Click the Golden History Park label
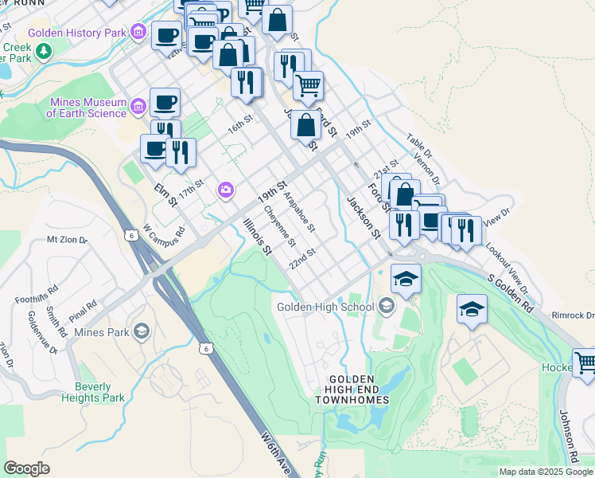(x=78, y=33)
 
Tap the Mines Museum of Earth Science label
(x=87, y=108)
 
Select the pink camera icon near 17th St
(x=226, y=190)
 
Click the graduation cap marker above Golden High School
(x=406, y=280)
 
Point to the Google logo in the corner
(x=26, y=468)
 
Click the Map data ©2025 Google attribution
(x=546, y=472)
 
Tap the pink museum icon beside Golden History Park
(x=139, y=33)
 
